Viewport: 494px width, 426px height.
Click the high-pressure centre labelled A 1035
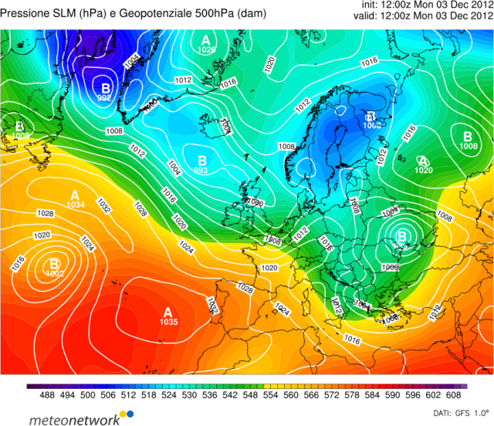pyautogui.click(x=167, y=313)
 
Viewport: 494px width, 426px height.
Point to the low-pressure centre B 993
pyautogui.click(x=201, y=160)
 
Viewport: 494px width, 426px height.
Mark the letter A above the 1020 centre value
pyautogui.click(x=421, y=159)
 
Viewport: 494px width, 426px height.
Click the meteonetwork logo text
pyautogui.click(x=75, y=419)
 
